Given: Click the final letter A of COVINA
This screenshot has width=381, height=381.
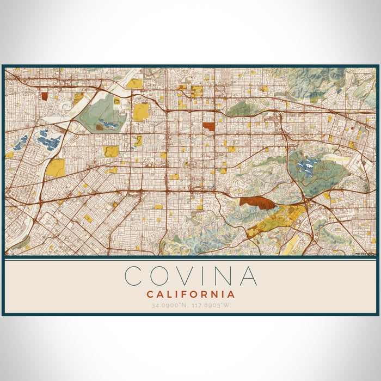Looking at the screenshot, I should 248,276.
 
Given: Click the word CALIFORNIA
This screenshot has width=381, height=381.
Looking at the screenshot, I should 190,294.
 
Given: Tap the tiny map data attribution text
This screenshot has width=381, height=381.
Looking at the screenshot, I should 365,253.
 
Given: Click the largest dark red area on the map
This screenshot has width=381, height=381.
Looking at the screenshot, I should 257,204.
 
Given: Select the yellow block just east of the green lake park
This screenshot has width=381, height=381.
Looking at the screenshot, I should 141,112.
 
